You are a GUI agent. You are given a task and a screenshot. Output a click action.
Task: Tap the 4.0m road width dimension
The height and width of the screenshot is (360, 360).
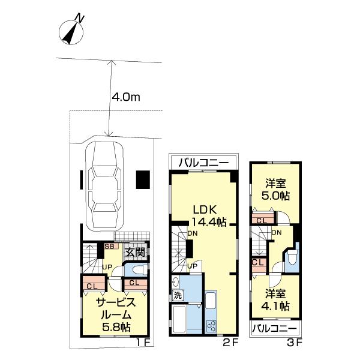(125, 97)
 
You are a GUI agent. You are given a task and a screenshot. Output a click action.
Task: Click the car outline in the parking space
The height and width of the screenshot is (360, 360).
(104, 187)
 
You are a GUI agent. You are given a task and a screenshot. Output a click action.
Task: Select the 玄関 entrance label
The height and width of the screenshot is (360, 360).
(135, 253)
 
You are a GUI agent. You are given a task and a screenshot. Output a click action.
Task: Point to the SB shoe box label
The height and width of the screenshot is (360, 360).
(110, 247)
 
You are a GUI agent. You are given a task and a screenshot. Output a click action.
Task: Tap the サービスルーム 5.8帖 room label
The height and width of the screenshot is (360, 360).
(116, 314)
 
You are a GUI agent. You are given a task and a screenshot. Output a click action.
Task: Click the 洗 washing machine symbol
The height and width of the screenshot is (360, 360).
(177, 295)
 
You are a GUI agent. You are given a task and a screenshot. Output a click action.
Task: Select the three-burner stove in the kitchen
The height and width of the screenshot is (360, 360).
(211, 326)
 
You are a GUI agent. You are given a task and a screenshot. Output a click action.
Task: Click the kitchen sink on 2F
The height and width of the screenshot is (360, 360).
(211, 301)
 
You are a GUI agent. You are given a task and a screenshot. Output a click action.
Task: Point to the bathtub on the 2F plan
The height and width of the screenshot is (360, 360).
(178, 319)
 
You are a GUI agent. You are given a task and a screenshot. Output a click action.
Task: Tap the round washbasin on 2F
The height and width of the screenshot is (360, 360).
(176, 282)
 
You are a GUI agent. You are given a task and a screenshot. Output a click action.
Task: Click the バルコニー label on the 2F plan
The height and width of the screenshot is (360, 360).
(203, 163)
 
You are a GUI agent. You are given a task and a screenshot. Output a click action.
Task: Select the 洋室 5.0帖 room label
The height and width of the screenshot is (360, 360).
(275, 190)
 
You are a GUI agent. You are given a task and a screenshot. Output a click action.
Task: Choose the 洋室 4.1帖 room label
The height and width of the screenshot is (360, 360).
(275, 299)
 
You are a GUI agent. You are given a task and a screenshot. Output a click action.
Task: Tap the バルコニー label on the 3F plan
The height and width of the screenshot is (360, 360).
(275, 329)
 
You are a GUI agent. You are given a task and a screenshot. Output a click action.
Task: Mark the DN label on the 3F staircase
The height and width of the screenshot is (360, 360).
(277, 233)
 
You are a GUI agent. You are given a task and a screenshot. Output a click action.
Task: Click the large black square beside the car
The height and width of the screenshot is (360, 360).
(143, 180)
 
